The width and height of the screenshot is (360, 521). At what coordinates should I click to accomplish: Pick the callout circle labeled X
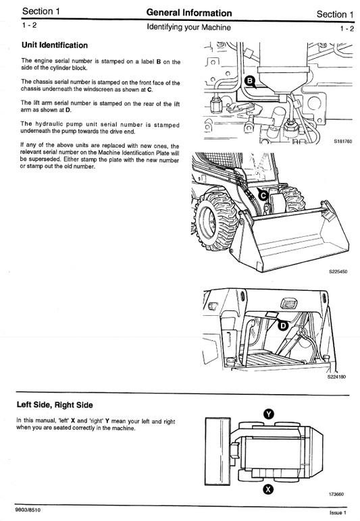click(x=268, y=489)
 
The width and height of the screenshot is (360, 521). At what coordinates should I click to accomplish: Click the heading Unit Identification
click(x=54, y=45)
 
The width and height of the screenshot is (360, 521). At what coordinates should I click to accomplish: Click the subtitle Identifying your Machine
click(x=189, y=28)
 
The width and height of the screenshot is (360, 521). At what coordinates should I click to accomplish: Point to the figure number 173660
click(x=336, y=494)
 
